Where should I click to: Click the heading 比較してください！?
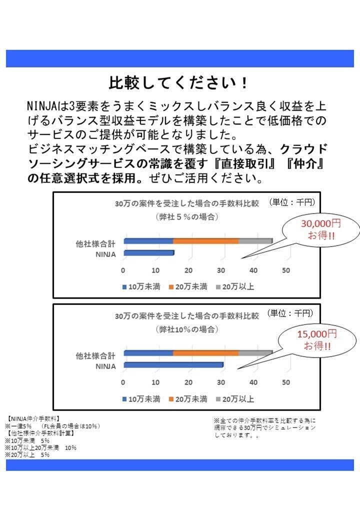(x=178, y=82)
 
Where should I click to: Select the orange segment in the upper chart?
(x=205, y=241)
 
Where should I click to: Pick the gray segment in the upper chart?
(x=255, y=241)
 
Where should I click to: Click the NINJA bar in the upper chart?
(x=148, y=253)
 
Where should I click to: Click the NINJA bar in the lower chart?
(x=173, y=365)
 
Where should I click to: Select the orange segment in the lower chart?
(x=205, y=353)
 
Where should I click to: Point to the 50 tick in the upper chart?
(x=286, y=270)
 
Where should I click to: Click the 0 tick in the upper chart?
(x=123, y=270)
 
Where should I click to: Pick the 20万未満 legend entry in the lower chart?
(x=188, y=399)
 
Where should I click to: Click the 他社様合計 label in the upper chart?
(x=95, y=244)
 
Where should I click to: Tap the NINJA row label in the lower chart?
(x=105, y=366)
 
